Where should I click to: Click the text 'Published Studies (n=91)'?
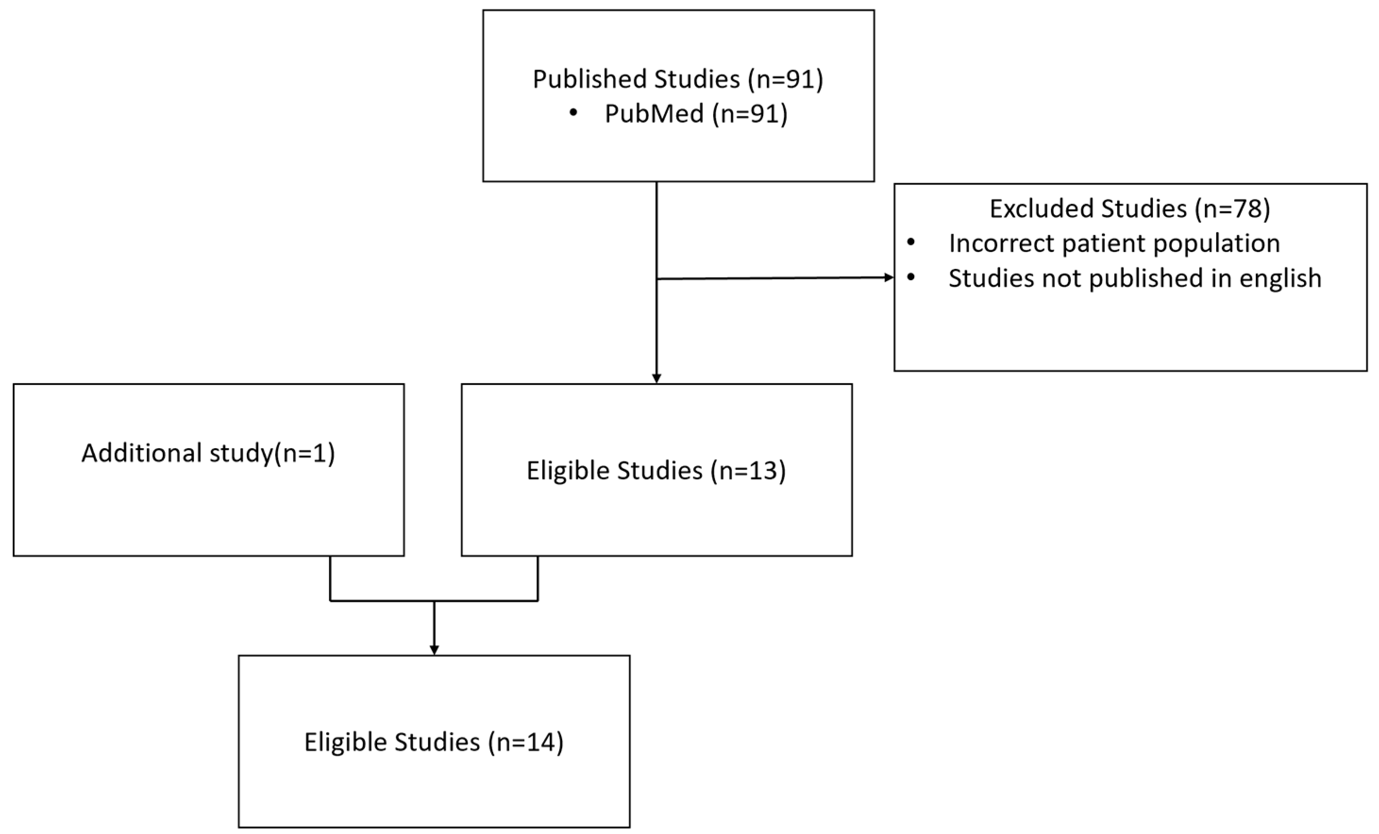678,79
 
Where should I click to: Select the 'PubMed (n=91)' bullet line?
696,114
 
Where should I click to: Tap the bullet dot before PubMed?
573,113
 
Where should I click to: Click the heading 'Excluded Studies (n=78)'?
1129,208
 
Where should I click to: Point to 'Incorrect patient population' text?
1114,243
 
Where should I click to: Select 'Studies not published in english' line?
1135,278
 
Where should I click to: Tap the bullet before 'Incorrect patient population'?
910,242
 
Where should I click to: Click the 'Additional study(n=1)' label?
208,452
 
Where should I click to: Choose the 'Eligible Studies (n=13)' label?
656,470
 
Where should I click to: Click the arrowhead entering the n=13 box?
656,378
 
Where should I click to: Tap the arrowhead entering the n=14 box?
434,650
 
